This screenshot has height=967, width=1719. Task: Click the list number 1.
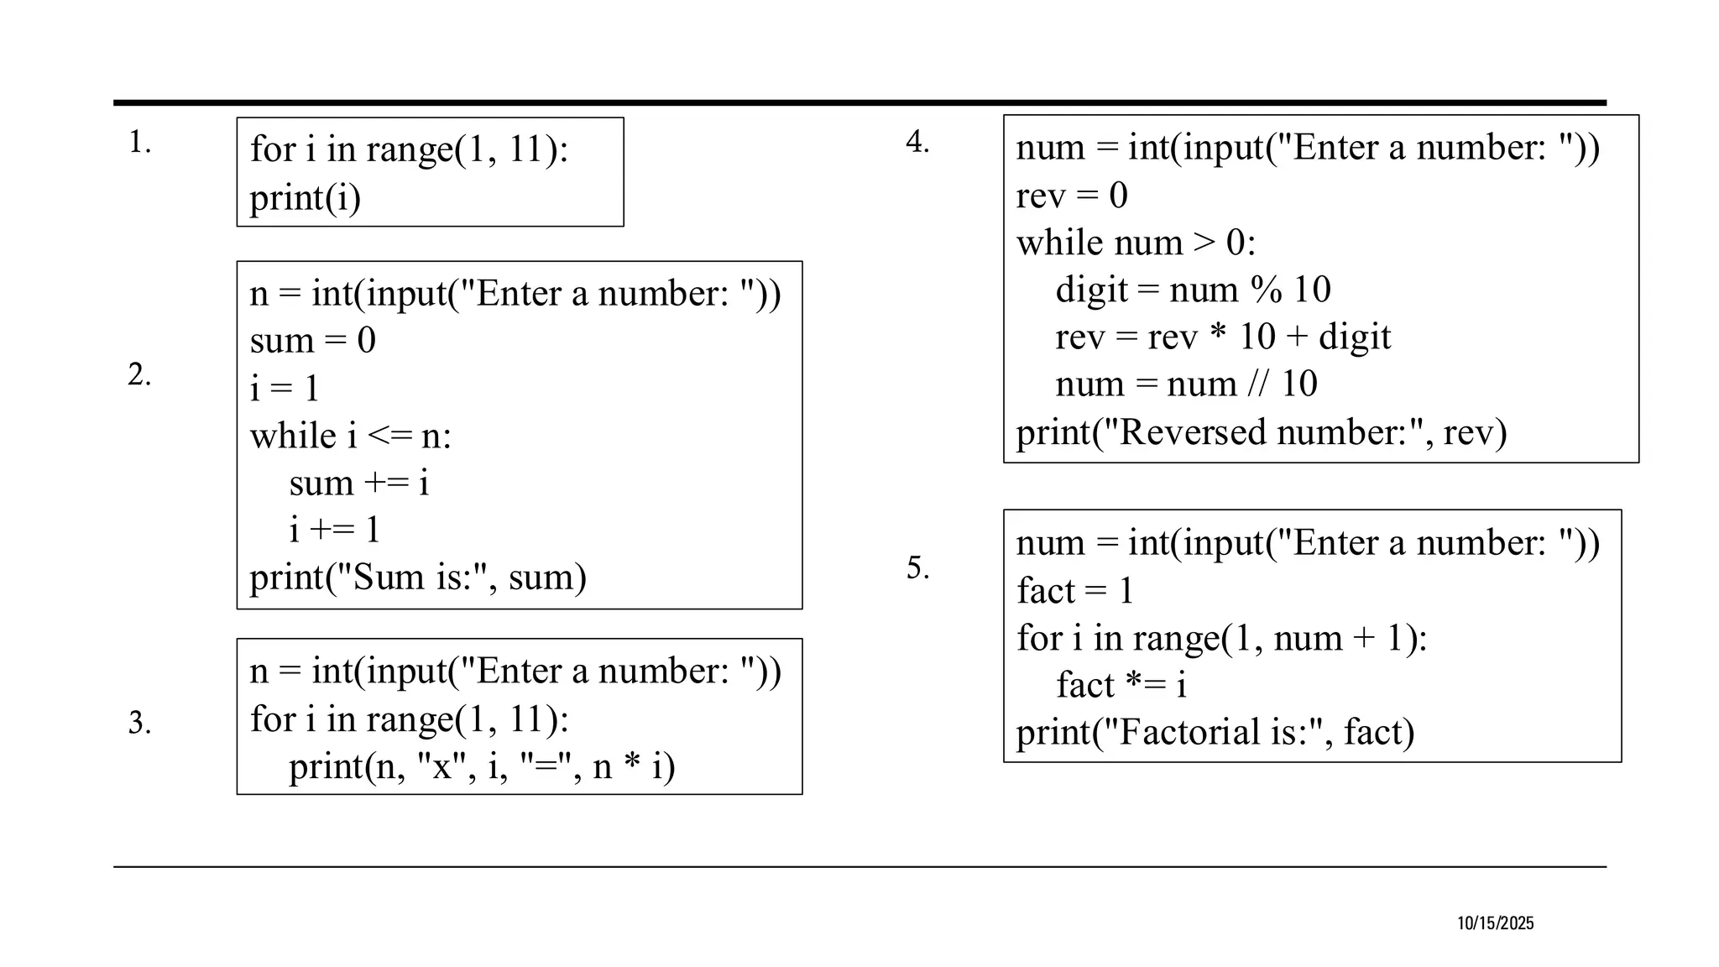click(x=139, y=143)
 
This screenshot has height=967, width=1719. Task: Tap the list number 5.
click(x=917, y=567)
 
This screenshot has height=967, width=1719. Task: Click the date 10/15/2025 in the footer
click(x=1495, y=923)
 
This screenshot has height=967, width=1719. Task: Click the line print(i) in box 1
click(x=305, y=198)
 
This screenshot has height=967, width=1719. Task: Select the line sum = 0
click(x=312, y=341)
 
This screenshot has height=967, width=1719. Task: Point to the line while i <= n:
click(x=350, y=436)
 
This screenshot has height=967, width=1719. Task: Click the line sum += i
click(x=358, y=483)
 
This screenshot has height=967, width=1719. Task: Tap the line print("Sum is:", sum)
click(x=417, y=578)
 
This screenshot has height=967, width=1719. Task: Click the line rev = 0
click(x=1071, y=196)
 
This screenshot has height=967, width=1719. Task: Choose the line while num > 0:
click(x=1136, y=243)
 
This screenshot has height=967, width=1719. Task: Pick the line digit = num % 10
click(x=1193, y=290)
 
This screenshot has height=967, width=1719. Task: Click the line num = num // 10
click(x=1186, y=384)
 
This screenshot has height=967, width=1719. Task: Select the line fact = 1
click(x=1074, y=591)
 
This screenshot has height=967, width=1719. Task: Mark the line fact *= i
click(x=1121, y=685)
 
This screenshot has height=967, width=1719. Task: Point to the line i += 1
click(x=334, y=530)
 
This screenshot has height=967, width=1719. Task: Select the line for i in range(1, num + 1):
click(x=1221, y=638)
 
